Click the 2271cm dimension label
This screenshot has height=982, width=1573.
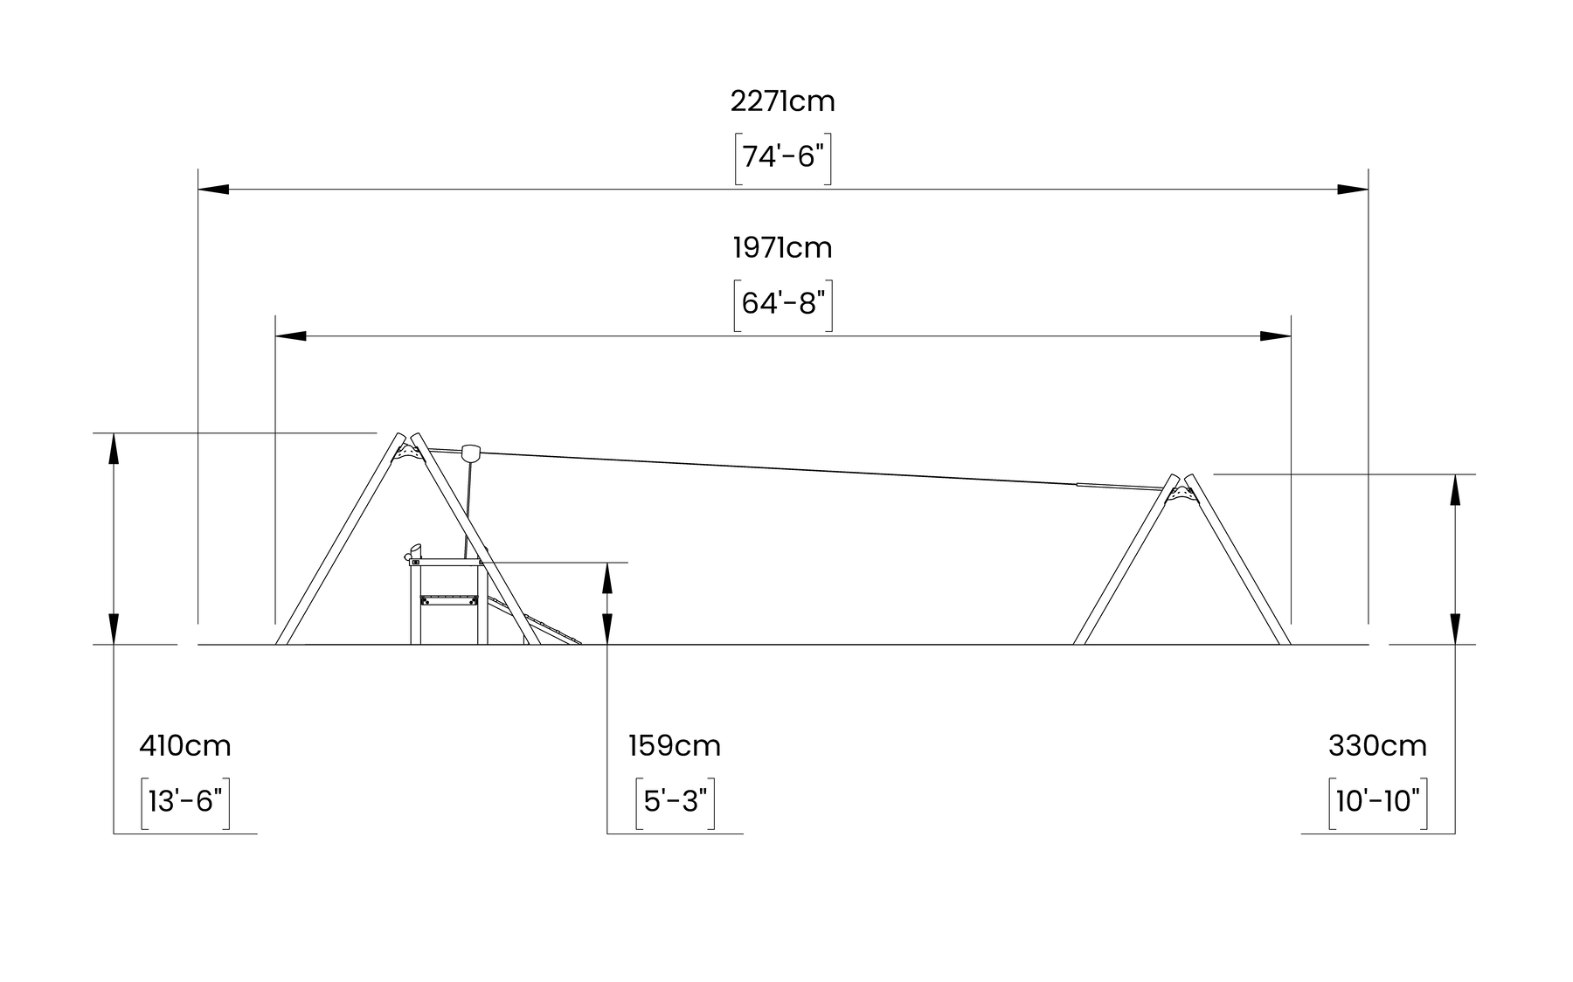click(x=782, y=102)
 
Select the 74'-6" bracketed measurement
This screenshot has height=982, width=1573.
click(x=782, y=157)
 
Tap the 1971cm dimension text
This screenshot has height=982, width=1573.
click(x=782, y=249)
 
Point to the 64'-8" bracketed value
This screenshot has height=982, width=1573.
click(x=782, y=304)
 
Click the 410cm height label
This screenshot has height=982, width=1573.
click(x=185, y=747)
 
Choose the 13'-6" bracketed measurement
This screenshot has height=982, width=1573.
click(x=185, y=801)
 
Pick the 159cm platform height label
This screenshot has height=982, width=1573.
click(x=675, y=747)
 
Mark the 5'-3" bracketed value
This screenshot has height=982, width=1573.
click(x=675, y=801)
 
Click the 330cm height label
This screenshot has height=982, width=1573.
click(x=1377, y=747)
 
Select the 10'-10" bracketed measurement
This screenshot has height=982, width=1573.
click(x=1377, y=801)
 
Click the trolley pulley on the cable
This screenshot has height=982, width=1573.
click(x=471, y=452)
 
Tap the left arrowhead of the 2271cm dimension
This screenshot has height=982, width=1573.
click(x=213, y=189)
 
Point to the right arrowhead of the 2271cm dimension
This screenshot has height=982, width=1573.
click(x=1353, y=189)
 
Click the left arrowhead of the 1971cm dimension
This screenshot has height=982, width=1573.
click(x=291, y=335)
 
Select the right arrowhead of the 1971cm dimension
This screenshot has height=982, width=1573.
click(x=1276, y=335)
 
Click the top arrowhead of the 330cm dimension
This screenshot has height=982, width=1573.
click(x=1455, y=490)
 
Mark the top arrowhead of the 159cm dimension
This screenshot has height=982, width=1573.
click(x=607, y=577)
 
